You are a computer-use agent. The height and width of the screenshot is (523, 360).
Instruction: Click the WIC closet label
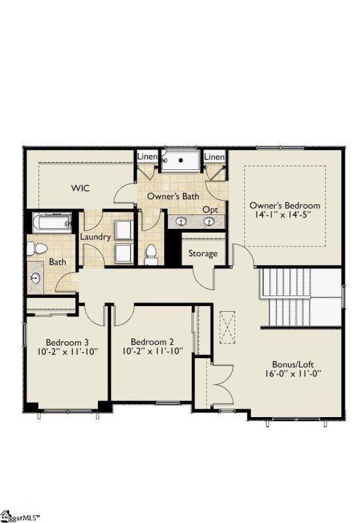point(80,188)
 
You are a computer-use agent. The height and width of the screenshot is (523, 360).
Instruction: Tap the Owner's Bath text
point(172,195)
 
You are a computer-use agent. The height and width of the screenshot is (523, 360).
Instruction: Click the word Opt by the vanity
point(210,209)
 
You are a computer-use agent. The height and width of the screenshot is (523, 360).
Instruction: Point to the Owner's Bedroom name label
point(285,205)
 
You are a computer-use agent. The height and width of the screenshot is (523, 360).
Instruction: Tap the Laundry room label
point(95,237)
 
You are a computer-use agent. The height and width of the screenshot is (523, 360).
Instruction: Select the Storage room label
point(203,253)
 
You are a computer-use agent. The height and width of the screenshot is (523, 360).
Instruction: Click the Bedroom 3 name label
point(67,342)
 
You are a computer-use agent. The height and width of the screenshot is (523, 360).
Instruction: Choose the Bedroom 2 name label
point(152,342)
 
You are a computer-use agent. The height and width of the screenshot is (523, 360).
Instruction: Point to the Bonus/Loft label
point(297,364)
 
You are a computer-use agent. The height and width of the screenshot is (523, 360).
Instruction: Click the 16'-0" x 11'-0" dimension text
point(297,375)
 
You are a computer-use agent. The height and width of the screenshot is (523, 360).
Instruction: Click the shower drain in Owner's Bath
point(180,159)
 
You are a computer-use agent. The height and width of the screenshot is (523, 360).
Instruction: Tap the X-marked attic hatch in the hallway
point(227,326)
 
